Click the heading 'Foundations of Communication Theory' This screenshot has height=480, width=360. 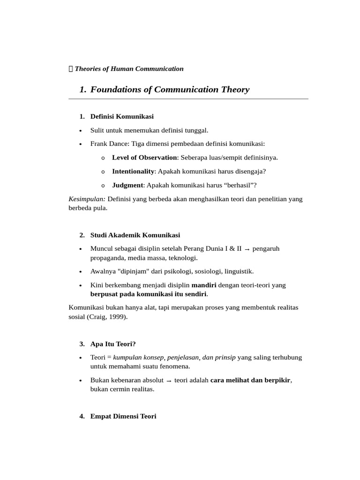[x=170, y=90]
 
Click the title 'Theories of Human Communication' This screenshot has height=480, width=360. [x=129, y=69]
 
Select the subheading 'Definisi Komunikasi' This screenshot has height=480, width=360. [x=122, y=116]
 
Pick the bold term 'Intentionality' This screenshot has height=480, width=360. [x=133, y=171]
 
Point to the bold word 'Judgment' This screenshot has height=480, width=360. [x=127, y=185]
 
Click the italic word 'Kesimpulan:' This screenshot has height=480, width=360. [x=87, y=199]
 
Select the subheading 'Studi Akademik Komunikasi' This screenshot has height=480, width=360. [x=135, y=235]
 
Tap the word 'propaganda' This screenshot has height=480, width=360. [x=107, y=258]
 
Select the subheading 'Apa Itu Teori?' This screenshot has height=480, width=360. [x=113, y=344]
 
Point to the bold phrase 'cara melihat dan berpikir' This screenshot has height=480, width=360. [x=250, y=380]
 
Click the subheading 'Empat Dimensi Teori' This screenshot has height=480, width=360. [x=123, y=416]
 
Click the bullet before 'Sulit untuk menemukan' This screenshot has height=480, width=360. [x=81, y=130]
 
